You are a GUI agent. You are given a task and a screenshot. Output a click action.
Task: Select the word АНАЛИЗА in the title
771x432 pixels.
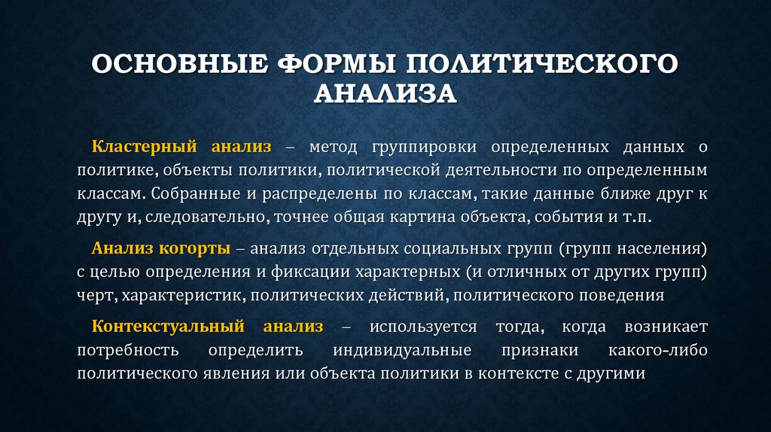coord(385,93)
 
